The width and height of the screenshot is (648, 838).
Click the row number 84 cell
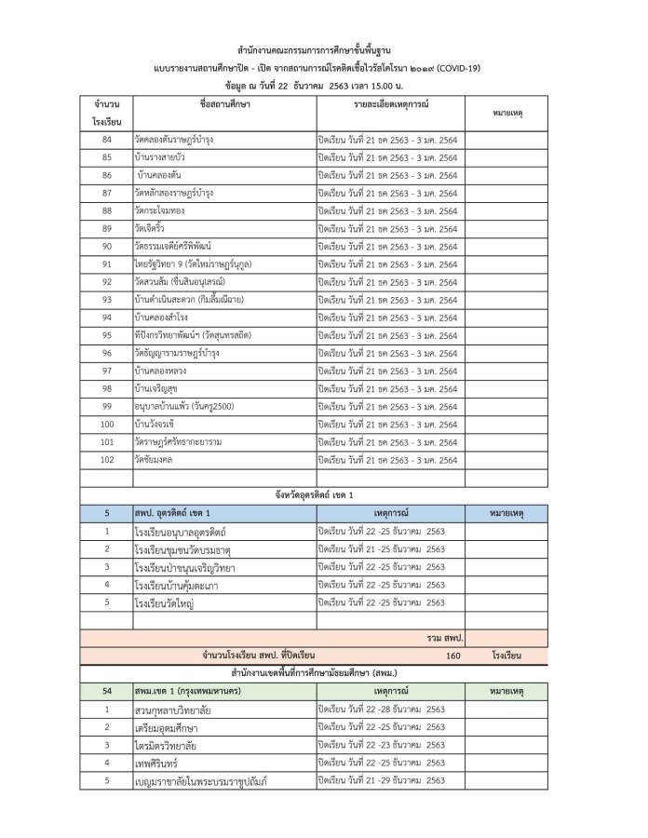pos(107,140)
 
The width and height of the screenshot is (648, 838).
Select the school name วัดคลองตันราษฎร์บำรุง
pos(174,140)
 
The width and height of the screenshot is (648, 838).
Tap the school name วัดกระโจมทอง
pos(160,210)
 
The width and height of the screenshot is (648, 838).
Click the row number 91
pos(107,264)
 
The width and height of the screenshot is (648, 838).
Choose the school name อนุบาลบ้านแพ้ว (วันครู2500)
pos(182,406)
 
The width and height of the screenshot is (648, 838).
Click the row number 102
pos(107,460)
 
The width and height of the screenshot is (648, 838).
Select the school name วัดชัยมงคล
pos(154,460)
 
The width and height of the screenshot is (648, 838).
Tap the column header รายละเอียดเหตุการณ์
pos(390,104)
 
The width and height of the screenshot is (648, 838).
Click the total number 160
pos(453,656)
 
